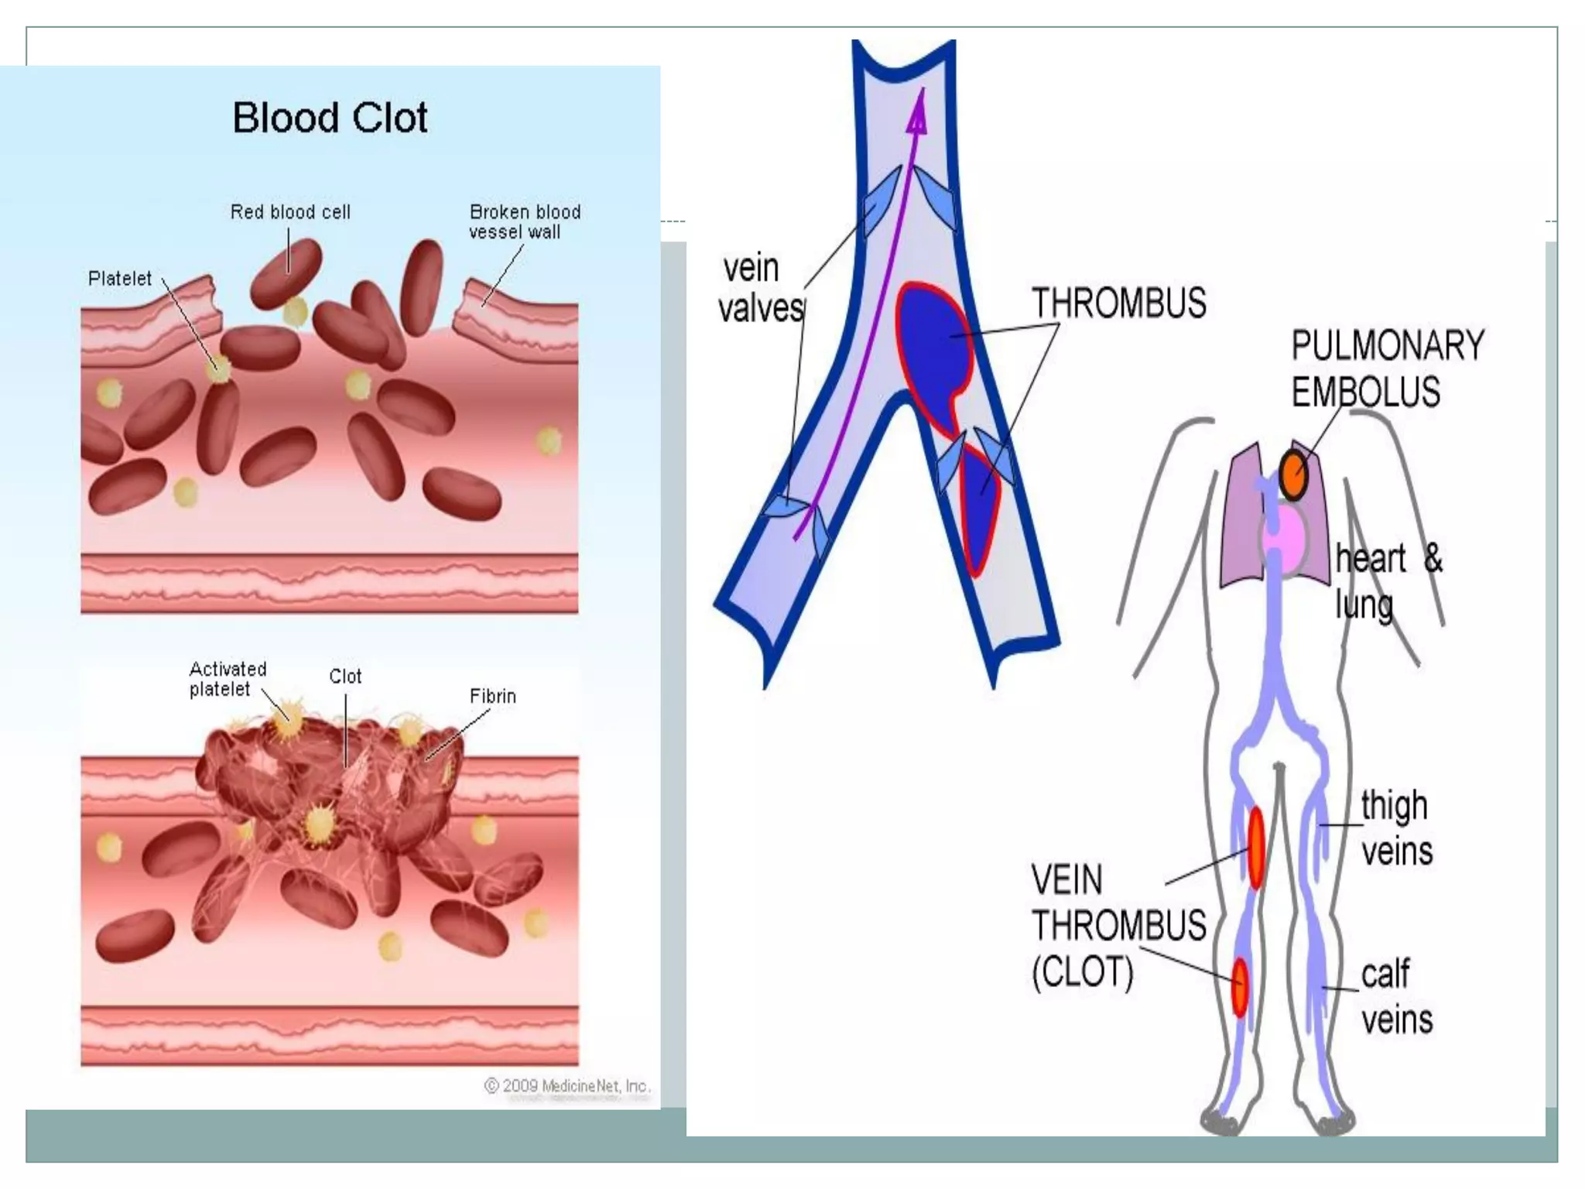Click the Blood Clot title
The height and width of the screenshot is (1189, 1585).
[x=330, y=118]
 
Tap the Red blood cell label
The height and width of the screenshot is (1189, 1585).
[x=290, y=212]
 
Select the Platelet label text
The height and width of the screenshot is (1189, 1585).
[x=120, y=279]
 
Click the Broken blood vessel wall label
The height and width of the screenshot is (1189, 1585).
[x=524, y=221]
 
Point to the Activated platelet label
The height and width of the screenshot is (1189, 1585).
[x=228, y=679]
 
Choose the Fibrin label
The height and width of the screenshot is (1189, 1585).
[x=492, y=697]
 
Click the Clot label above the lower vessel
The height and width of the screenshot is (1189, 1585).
[x=345, y=677]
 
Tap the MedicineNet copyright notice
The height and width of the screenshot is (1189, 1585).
[x=567, y=1086]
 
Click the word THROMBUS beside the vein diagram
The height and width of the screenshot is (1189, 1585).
[x=1118, y=303]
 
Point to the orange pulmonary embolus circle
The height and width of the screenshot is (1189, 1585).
[x=1293, y=474]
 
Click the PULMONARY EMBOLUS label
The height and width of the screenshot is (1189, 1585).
[x=1386, y=368]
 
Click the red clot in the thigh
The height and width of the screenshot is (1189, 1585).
[x=1256, y=847]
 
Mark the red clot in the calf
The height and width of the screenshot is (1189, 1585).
[x=1240, y=988]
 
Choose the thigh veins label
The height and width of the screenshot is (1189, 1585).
[x=1396, y=828]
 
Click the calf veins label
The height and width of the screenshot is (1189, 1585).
[x=1396, y=997]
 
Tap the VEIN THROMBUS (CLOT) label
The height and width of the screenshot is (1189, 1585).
[x=1118, y=926]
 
